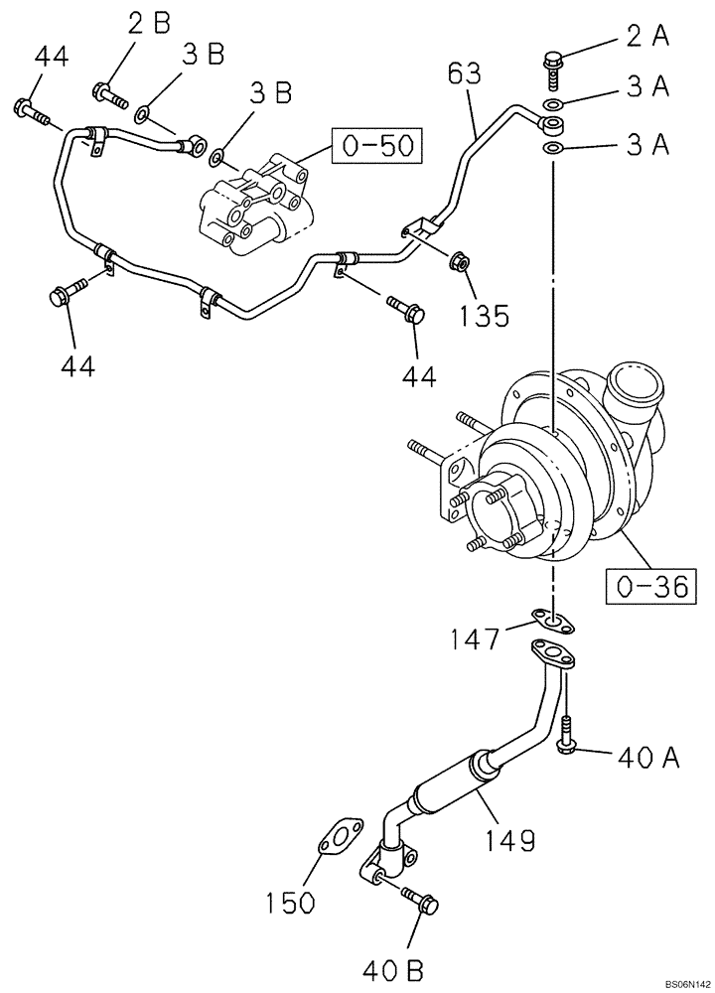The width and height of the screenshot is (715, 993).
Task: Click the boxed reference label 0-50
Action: coord(376,147)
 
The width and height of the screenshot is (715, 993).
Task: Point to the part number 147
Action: coord(475,638)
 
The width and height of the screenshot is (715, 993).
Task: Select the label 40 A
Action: coord(647,760)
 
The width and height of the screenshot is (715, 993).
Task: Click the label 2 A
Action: coord(645,38)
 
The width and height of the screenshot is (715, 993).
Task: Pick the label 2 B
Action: coord(148,24)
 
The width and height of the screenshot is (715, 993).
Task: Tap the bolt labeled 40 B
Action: coord(420,901)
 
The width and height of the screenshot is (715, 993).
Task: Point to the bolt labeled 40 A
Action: coord(566,738)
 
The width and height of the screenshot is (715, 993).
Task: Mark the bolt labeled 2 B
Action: coord(110,96)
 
